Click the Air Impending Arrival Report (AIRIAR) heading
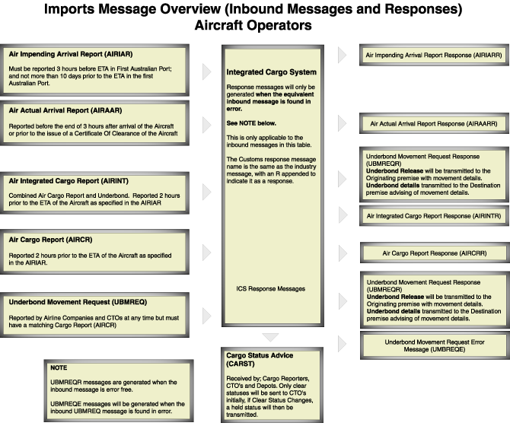pyautogui.click(x=71, y=54)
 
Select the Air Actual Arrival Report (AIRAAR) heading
pyautogui.click(x=65, y=110)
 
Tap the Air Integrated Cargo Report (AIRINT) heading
pyautogui.click(x=69, y=181)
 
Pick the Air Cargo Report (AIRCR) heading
pyautogui.click(x=50, y=240)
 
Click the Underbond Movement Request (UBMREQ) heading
pyautogui.click(x=78, y=302)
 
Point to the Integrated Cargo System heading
pyautogui.click(x=272, y=72)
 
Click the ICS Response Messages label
pyautogui.click(x=271, y=289)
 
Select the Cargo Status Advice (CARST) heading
pyautogui.click(x=260, y=360)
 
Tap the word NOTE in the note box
pyautogui.click(x=59, y=368)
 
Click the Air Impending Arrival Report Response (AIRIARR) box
pyautogui.click(x=434, y=56)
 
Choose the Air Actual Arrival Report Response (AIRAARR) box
pyautogui.click(x=434, y=124)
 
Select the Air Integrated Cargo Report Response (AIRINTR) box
pyautogui.click(x=434, y=216)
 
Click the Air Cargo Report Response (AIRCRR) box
pyautogui.click(x=435, y=253)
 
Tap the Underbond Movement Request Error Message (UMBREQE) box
pyautogui.click(x=435, y=345)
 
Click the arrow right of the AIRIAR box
pyautogui.click(x=206, y=72)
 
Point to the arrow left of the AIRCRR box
pyautogui.click(x=343, y=253)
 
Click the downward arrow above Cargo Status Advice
pyautogui.click(x=270, y=337)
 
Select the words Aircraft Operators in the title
pyautogui.click(x=253, y=25)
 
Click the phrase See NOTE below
pyautogui.click(x=251, y=123)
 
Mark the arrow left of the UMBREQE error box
pyautogui.click(x=343, y=344)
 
